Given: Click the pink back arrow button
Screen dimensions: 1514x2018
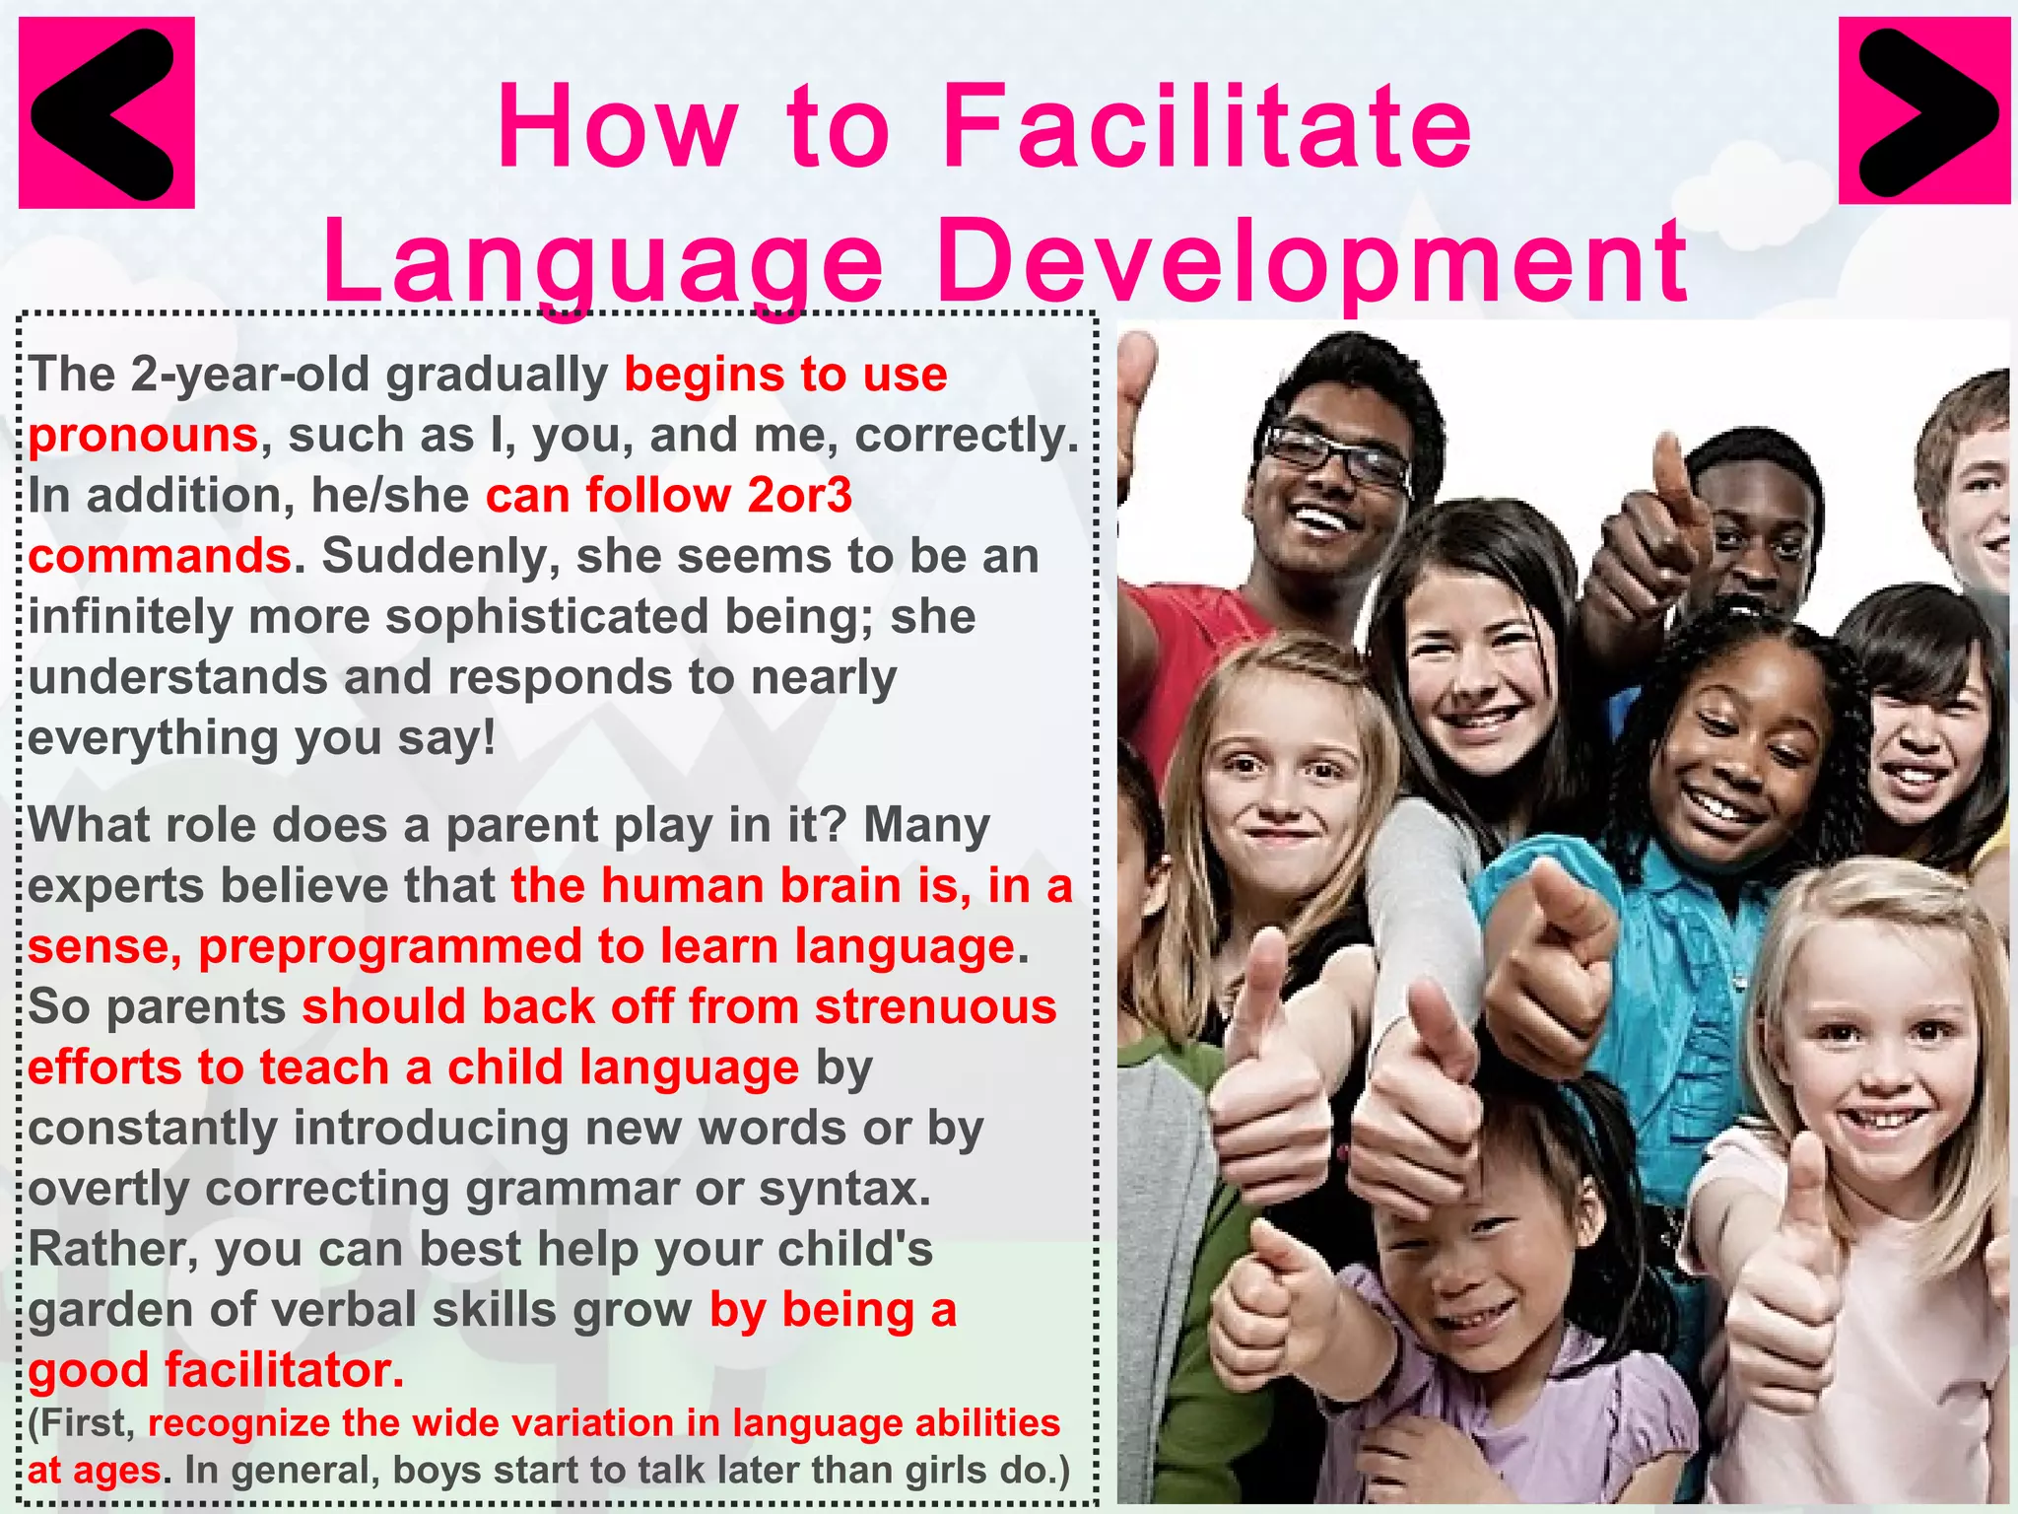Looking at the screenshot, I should pyautogui.click(x=106, y=112).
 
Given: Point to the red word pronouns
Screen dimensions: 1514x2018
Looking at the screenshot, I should pyautogui.click(x=143, y=436).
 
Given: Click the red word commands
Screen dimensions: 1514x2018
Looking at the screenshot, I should pyautogui.click(x=160, y=556).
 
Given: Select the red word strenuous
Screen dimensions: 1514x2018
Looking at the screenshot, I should pyautogui.click(x=935, y=1007).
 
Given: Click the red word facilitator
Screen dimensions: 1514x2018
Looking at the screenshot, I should pyautogui.click(x=284, y=1370).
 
